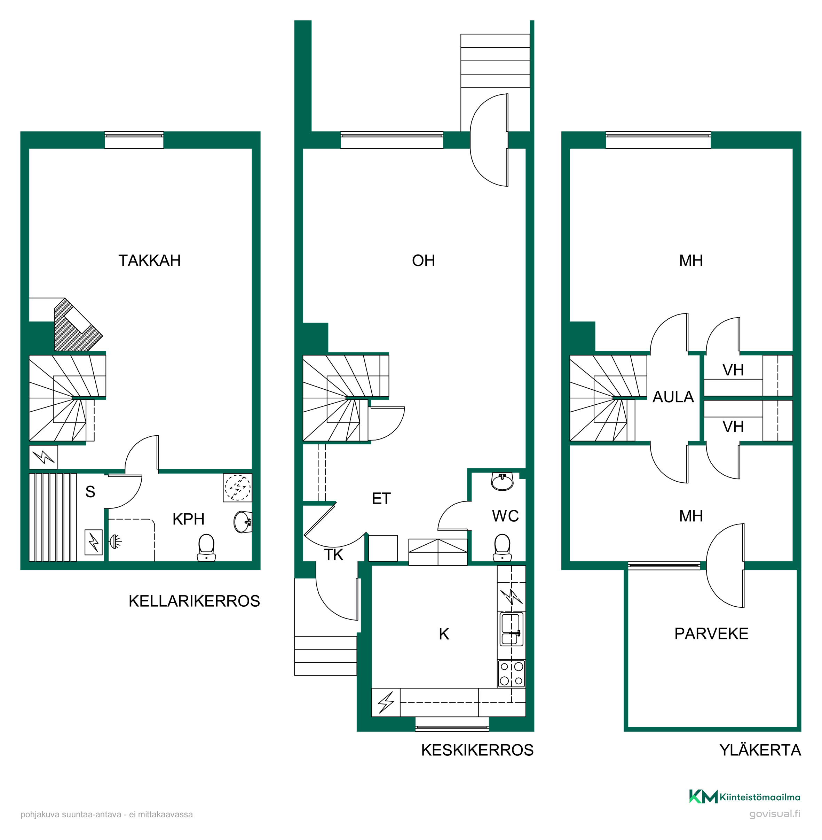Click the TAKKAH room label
point(149,260)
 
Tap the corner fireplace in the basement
point(77,325)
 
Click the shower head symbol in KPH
point(115,540)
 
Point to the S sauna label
point(90,492)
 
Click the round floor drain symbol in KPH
point(237,488)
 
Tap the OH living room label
point(424,260)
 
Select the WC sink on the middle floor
point(502,481)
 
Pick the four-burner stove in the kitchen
point(512,674)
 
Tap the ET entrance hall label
point(381,499)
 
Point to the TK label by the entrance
point(333,555)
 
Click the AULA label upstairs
point(673,397)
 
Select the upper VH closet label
point(733,370)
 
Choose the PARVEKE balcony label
point(711,634)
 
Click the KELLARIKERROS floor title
point(194,601)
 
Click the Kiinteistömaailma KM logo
point(745,796)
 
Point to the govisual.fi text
point(775,814)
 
